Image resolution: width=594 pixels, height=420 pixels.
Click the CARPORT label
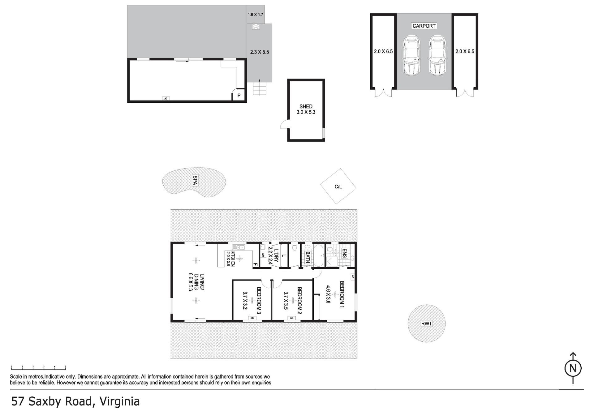pyautogui.click(x=424, y=26)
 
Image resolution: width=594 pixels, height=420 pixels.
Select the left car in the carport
pyautogui.click(x=411, y=55)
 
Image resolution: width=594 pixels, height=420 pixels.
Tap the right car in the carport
pyautogui.click(x=437, y=55)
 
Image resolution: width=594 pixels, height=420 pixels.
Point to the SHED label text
pyautogui.click(x=306, y=106)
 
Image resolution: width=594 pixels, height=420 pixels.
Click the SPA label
pyautogui.click(x=195, y=180)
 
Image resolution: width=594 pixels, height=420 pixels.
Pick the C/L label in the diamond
pyautogui.click(x=338, y=186)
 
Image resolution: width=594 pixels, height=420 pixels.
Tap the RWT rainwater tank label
pyautogui.click(x=426, y=324)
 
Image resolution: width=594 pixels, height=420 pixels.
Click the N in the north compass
pyautogui.click(x=573, y=368)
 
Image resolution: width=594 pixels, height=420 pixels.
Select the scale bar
pyautogui.click(x=38, y=367)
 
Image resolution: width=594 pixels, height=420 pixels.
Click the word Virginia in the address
pyautogui.click(x=120, y=401)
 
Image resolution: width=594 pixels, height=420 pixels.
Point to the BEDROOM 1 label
pyautogui.click(x=342, y=294)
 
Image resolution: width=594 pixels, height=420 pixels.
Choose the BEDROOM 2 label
pyautogui.click(x=299, y=301)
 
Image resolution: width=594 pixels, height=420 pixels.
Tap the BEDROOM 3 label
pyautogui.click(x=259, y=301)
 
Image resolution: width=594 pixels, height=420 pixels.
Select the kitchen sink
pyautogui.click(x=238, y=247)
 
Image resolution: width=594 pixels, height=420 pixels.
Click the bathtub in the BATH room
pyautogui.click(x=318, y=255)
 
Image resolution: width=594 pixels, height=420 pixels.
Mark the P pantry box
pyautogui.click(x=239, y=95)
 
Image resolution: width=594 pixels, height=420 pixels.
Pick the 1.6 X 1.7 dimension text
pyautogui.click(x=256, y=15)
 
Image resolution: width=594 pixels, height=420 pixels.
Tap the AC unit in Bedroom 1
pyautogui.click(x=352, y=277)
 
